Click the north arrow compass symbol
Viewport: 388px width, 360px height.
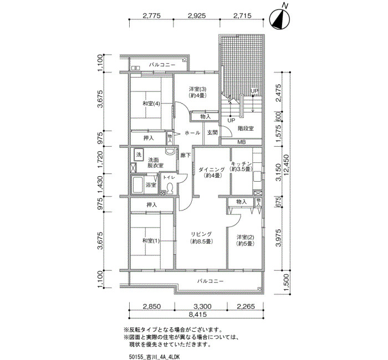[279, 18]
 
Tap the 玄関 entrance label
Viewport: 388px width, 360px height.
[212, 133]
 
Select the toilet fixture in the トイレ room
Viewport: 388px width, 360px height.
[170, 189]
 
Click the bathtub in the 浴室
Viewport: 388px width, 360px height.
[137, 184]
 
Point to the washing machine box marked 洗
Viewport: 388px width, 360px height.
[139, 155]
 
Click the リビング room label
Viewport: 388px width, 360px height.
[201, 234]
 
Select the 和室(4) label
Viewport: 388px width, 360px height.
[151, 104]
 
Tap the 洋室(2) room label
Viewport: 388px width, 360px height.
[245, 238]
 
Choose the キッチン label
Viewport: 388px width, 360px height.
[241, 164]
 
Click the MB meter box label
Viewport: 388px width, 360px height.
[241, 142]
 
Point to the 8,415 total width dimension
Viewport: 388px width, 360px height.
[197, 315]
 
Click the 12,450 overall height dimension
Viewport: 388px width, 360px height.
[287, 166]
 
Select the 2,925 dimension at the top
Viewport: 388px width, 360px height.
[196, 16]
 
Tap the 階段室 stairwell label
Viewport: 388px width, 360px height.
[246, 128]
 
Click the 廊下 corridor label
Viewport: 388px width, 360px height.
[185, 155]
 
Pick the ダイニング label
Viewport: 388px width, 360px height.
[212, 169]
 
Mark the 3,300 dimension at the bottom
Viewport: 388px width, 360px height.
[202, 307]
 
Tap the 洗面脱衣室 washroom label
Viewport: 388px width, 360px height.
[155, 163]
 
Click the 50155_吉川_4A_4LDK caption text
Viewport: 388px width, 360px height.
[154, 357]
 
